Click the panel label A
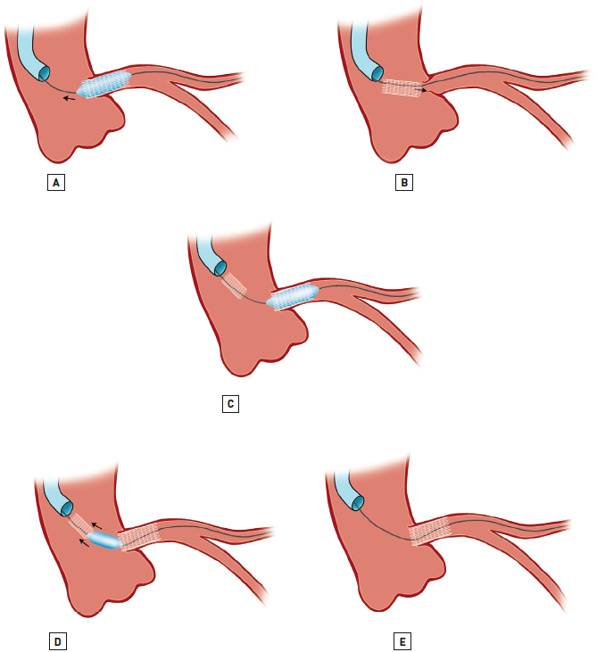click(56, 183)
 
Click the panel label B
click(405, 183)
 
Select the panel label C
click(230, 404)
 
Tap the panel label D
click(56, 640)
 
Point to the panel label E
click(403, 640)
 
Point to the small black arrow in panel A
click(69, 98)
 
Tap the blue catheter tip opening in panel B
click(377, 72)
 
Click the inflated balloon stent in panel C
click(293, 296)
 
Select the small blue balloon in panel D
click(105, 541)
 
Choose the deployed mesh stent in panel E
click(433, 532)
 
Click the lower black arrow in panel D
click(85, 540)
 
